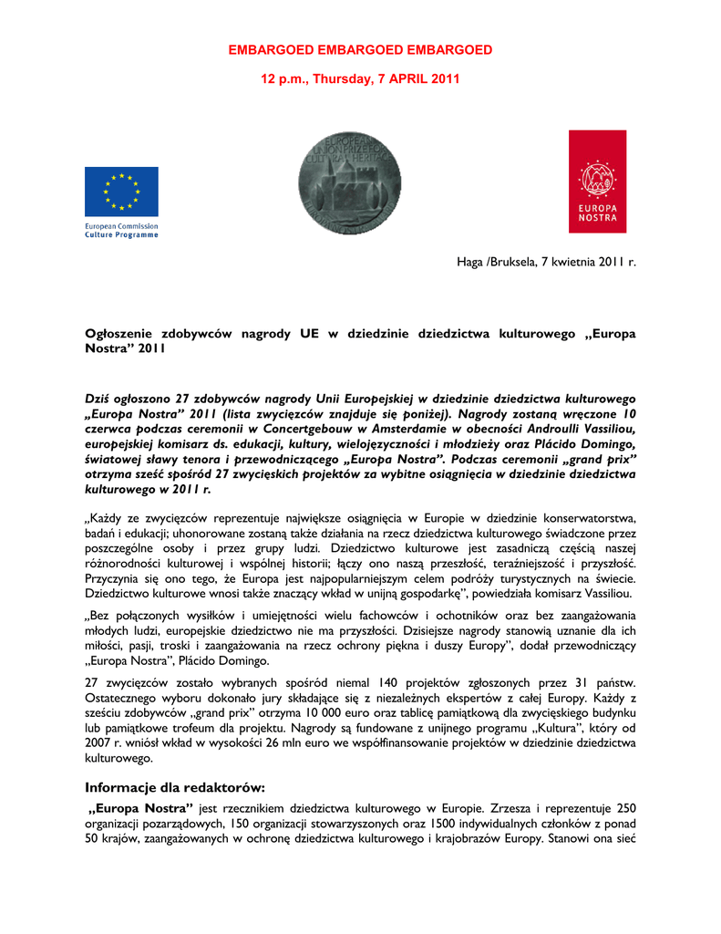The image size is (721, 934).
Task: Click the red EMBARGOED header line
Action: (x=360, y=49)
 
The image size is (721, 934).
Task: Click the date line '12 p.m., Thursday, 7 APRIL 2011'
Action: (x=360, y=79)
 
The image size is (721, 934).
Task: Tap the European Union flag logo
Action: (x=121, y=192)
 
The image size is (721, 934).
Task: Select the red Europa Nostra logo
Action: (x=597, y=181)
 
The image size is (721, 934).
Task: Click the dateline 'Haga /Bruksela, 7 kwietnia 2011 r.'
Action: (x=546, y=263)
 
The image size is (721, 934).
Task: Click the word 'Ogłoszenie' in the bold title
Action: (x=123, y=334)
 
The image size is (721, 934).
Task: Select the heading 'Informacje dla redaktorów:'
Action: (x=175, y=787)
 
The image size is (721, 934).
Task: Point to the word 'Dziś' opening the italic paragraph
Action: (x=98, y=399)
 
